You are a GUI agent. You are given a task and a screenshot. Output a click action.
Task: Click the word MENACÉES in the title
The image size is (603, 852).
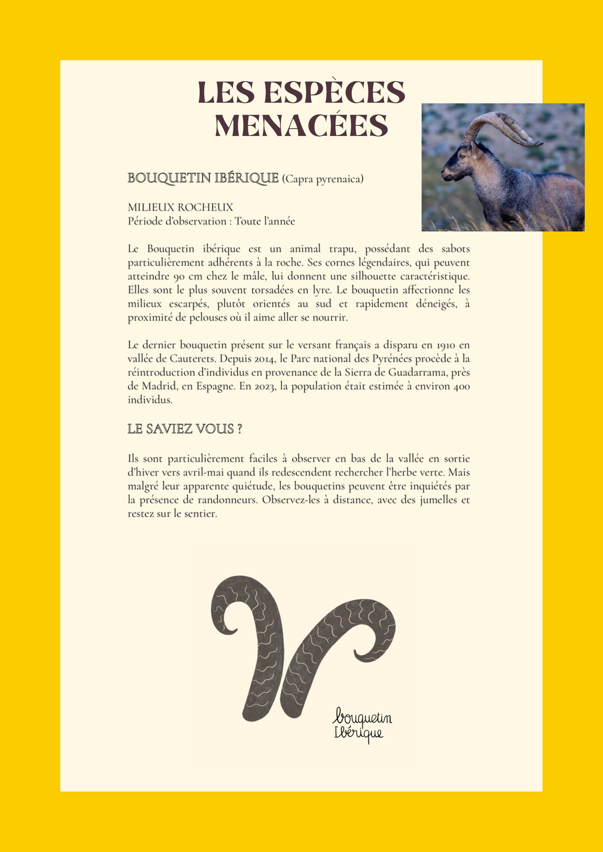pyautogui.click(x=301, y=125)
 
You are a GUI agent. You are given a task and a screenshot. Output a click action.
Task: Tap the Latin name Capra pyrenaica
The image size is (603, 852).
pyautogui.click(x=322, y=179)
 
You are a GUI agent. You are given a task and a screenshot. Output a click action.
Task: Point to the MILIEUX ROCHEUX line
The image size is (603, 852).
pyautogui.click(x=180, y=207)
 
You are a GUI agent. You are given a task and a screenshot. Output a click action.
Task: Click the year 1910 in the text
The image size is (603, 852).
pyautogui.click(x=446, y=345)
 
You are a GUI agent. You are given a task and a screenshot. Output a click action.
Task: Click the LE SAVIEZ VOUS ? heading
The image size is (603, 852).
pyautogui.click(x=185, y=429)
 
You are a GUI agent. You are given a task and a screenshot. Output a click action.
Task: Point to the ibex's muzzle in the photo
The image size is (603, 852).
pyautogui.click(x=444, y=174)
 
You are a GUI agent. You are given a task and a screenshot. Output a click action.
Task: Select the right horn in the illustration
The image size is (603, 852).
pyautogui.click(x=334, y=638)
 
